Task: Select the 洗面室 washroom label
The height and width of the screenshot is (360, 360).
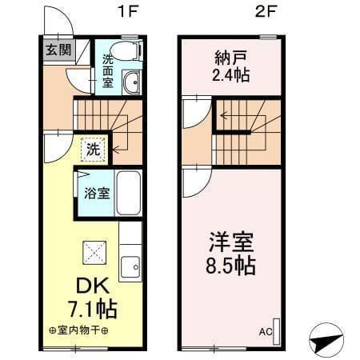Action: tap(106, 70)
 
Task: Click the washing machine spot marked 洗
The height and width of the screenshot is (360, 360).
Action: tap(93, 149)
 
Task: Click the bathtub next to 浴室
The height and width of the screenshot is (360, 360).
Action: tap(128, 193)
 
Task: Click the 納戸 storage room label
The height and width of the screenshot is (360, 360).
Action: tap(230, 58)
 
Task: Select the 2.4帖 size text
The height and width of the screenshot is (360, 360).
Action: tap(230, 77)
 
